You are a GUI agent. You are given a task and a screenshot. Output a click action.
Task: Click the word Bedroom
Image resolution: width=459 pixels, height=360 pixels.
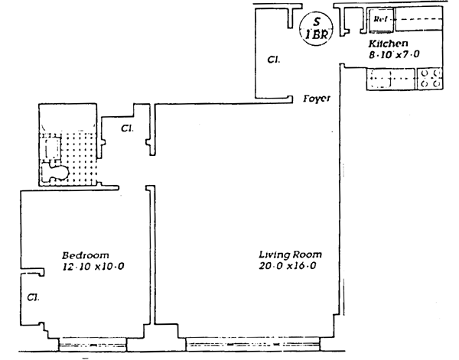[x=86, y=255]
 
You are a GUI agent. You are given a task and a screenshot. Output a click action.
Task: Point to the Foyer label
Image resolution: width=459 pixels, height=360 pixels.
[x=317, y=99]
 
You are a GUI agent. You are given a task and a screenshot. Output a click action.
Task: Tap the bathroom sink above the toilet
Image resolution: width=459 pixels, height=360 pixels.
[x=53, y=146]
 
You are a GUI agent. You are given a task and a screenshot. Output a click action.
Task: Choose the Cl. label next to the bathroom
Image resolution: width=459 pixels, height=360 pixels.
[x=126, y=128]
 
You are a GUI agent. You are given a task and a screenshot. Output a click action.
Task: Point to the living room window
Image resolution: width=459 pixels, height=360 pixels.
[x=252, y=343]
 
